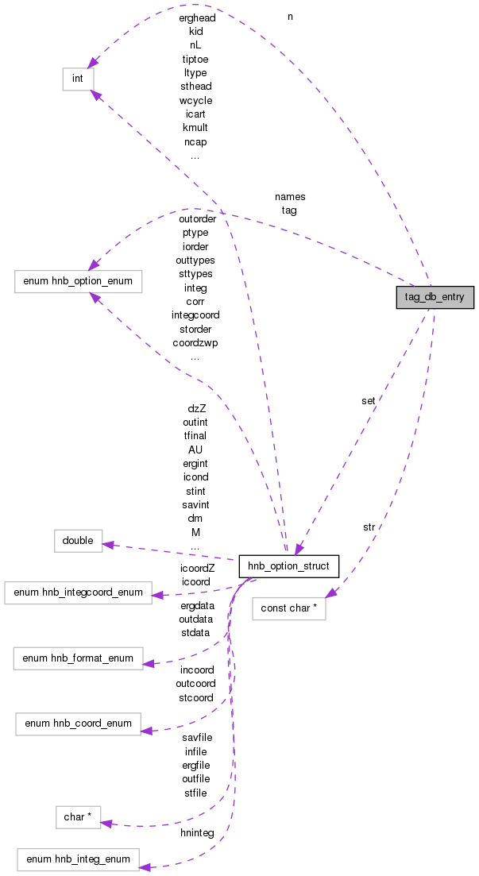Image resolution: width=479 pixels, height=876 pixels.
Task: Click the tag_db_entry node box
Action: [435, 297]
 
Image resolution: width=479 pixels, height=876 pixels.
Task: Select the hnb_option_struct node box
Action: [289, 566]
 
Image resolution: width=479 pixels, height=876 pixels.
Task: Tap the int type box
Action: [78, 79]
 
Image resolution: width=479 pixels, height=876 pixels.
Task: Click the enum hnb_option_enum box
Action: [78, 282]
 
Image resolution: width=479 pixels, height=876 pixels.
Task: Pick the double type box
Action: [78, 541]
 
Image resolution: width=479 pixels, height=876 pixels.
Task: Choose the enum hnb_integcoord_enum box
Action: [78, 592]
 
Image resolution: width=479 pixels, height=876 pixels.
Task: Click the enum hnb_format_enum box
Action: [78, 658]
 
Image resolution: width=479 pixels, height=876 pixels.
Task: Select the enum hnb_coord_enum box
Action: [78, 724]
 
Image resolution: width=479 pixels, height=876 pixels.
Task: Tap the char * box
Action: [78, 817]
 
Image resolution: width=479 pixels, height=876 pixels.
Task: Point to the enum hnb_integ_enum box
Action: [78, 859]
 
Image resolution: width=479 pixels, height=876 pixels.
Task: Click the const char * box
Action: [288, 609]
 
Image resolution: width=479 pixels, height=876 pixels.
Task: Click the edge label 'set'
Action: [368, 401]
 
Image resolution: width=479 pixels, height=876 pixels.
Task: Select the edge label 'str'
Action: [369, 527]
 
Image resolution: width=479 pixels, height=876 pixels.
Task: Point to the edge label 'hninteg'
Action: [197, 832]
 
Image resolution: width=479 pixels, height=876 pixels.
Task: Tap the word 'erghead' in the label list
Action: [197, 17]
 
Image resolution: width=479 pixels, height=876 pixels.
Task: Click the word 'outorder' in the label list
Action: [197, 218]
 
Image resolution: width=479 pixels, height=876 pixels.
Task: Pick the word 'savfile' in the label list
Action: [197, 737]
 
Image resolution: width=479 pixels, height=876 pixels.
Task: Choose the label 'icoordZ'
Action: [195, 568]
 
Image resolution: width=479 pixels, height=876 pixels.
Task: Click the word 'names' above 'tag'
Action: [290, 196]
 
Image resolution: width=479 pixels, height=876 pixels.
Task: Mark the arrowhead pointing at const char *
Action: [330, 592]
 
